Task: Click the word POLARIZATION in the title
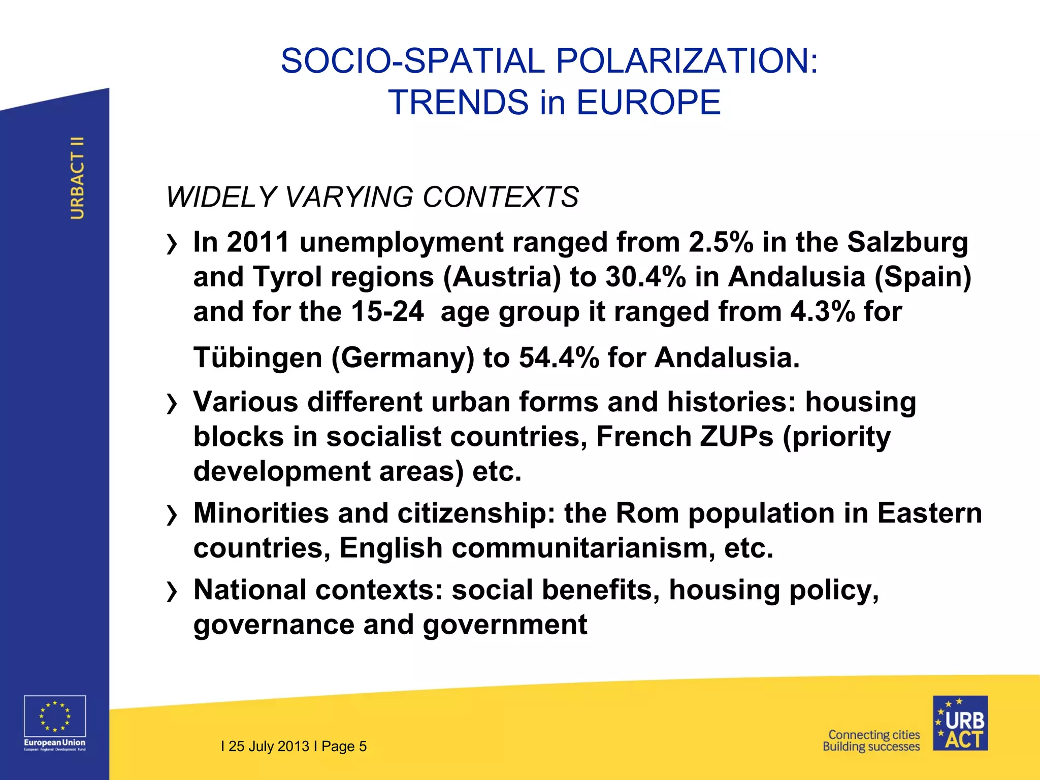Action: tap(687, 61)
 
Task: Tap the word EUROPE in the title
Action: tap(648, 103)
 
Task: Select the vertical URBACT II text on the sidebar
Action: tap(77, 178)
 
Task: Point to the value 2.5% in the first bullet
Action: tap(721, 242)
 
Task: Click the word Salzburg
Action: tap(907, 242)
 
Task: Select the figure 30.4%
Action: tap(645, 277)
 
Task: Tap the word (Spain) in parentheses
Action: tap(923, 277)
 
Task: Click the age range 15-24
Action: tap(387, 311)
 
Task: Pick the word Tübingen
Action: tap(258, 357)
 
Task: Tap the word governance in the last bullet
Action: tap(274, 625)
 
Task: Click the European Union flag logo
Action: tap(55, 717)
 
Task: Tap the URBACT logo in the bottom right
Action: tap(960, 723)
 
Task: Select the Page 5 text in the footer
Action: tap(344, 746)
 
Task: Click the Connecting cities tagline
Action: tap(874, 735)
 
